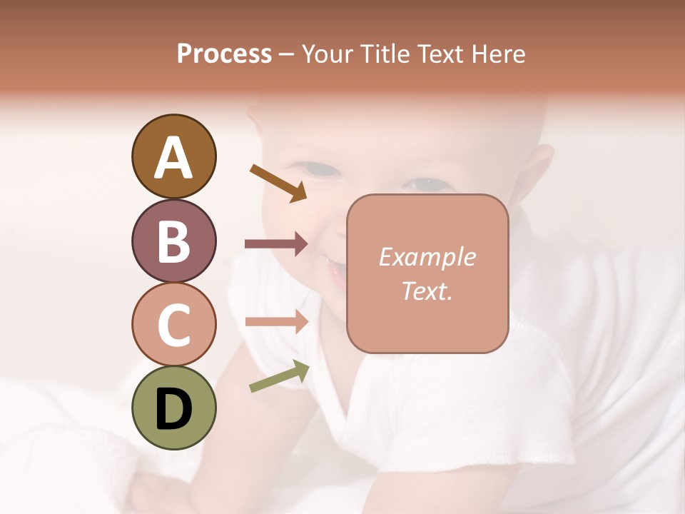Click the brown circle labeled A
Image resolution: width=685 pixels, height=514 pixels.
173,157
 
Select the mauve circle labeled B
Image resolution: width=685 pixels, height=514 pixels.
173,241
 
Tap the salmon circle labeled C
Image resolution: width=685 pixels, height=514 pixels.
173,324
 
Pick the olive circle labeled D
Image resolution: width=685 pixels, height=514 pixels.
173,408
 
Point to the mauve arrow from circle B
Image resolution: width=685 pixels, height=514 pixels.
276,244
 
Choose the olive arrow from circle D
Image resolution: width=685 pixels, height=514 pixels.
279,376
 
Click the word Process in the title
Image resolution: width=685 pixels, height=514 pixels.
224,54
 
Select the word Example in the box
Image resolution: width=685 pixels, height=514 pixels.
427,257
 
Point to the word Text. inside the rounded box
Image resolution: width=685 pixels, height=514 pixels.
427,291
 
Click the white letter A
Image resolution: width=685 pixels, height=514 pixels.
173,158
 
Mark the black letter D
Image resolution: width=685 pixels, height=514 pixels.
173,408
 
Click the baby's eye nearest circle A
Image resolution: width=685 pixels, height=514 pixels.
319,170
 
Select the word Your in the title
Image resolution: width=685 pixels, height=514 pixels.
328,54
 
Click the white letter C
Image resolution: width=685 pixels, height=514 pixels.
173,325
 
